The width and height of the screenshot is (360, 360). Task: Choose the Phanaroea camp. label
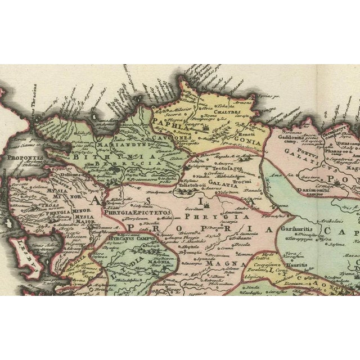[337, 147]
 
